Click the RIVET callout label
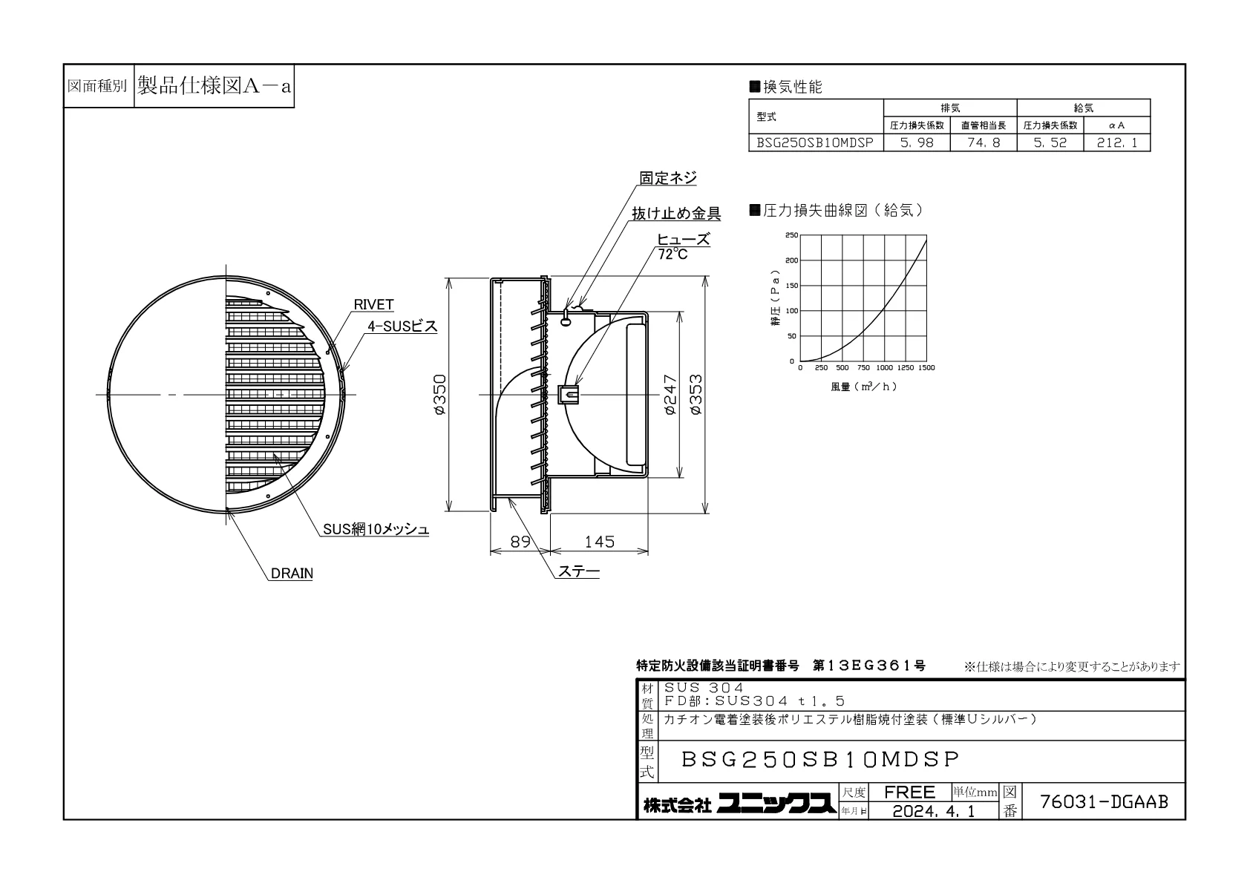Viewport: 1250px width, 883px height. coord(373,304)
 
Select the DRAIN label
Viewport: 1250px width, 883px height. coord(291,574)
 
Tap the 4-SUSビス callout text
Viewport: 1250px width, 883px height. coord(402,326)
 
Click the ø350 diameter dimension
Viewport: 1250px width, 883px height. coord(439,394)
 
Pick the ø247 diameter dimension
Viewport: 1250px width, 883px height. coord(670,394)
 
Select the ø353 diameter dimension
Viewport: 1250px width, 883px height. coord(696,394)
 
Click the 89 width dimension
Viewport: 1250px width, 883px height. coord(520,542)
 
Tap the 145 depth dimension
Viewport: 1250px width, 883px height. coord(599,542)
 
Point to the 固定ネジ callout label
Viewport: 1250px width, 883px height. coord(668,178)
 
